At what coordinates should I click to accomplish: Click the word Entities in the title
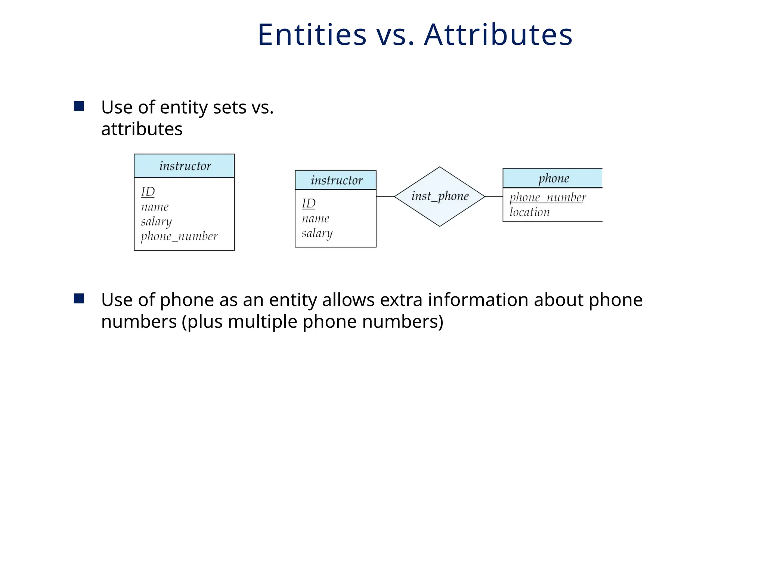pyautogui.click(x=312, y=35)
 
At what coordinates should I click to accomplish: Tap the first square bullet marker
pyautogui.click(x=79, y=107)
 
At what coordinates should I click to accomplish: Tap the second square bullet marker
pyautogui.click(x=79, y=299)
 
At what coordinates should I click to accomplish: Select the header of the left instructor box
pyautogui.click(x=185, y=166)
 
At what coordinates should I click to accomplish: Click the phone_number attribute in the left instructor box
pyautogui.click(x=179, y=237)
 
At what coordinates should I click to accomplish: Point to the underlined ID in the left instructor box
pyautogui.click(x=148, y=192)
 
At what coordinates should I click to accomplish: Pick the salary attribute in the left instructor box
pyautogui.click(x=157, y=222)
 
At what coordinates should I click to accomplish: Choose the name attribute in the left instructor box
pyautogui.click(x=155, y=207)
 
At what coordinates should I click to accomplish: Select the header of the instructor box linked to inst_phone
pyautogui.click(x=336, y=180)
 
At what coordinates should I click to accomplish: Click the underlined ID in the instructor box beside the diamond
pyautogui.click(x=309, y=204)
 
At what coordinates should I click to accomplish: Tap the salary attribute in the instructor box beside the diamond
pyautogui.click(x=317, y=234)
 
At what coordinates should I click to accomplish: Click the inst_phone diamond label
pyautogui.click(x=440, y=196)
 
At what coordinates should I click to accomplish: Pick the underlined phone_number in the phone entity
pyautogui.click(x=548, y=197)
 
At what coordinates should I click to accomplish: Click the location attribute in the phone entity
pyautogui.click(x=530, y=212)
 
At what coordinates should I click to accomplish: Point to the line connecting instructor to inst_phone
pyautogui.click(x=385, y=197)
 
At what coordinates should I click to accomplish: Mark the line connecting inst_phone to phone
pyautogui.click(x=494, y=197)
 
